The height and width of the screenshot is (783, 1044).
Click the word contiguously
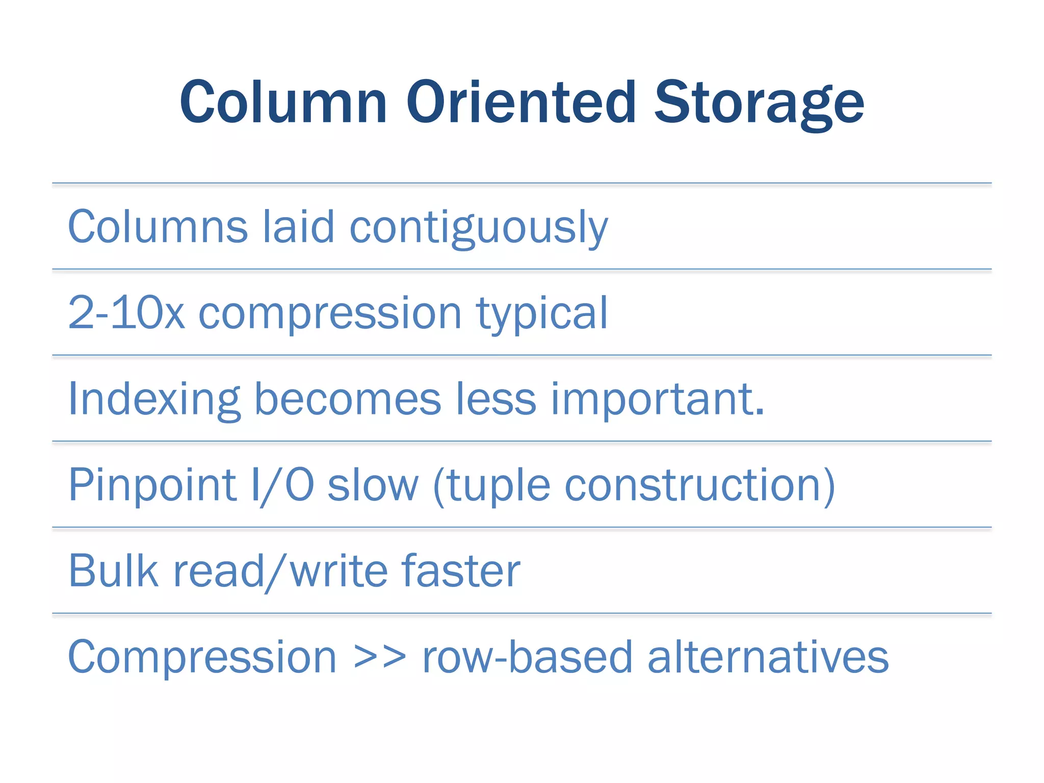point(479,227)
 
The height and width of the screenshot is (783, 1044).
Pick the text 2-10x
point(126,312)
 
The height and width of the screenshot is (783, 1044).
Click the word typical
point(542,314)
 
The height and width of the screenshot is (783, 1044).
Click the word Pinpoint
point(152,485)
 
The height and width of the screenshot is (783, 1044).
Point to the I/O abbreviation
point(282,485)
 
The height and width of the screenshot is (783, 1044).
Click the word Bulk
point(113,570)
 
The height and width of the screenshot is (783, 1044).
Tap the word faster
point(461,570)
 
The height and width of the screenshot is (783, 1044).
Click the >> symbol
point(380,658)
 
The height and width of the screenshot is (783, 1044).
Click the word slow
point(373,485)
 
